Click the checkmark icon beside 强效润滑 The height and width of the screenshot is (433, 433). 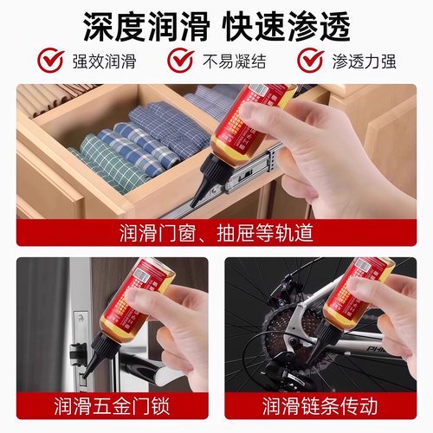pos(53,61)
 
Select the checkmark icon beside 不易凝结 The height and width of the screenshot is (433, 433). pos(180,61)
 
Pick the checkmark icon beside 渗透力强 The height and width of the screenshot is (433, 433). pos(310,61)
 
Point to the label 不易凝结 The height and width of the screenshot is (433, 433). pos(230,62)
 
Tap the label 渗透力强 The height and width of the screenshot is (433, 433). pos(363,62)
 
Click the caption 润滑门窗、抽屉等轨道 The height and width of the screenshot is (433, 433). pos(216,233)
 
